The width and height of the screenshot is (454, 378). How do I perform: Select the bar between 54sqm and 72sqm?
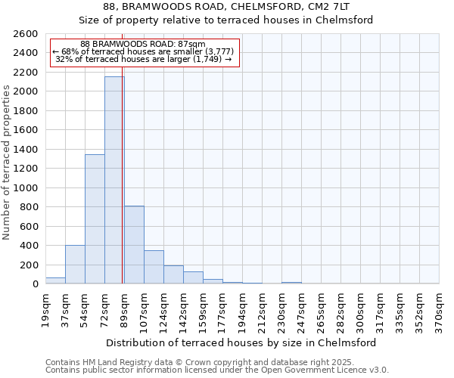[95, 219]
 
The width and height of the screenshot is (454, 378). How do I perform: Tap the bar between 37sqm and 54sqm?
[75, 265]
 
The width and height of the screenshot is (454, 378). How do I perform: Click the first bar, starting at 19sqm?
[55, 280]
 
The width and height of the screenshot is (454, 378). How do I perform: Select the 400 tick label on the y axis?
[30, 246]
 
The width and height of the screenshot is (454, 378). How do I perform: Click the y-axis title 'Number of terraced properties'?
[7, 163]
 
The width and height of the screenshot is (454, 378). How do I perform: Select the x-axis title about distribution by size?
[242, 342]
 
